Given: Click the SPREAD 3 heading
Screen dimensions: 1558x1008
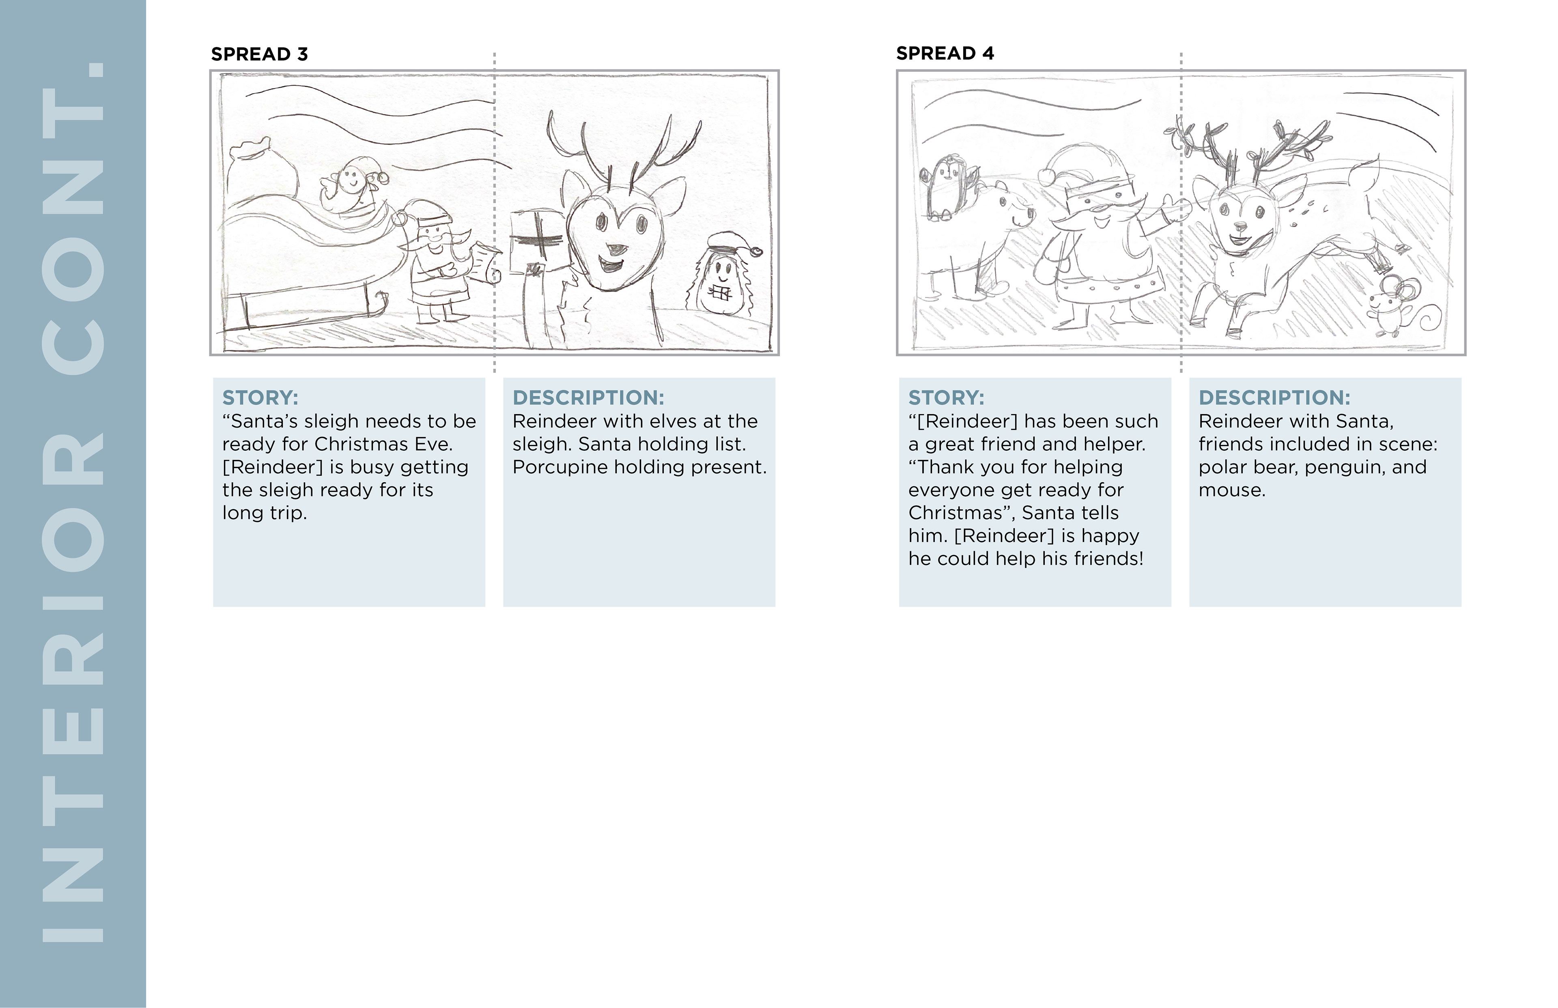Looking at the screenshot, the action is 259,54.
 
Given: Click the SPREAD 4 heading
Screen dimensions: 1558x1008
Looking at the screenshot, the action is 945,54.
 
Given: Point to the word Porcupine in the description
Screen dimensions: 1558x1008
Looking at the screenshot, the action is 560,467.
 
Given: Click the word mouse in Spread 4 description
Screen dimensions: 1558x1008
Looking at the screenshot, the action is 1232,490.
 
